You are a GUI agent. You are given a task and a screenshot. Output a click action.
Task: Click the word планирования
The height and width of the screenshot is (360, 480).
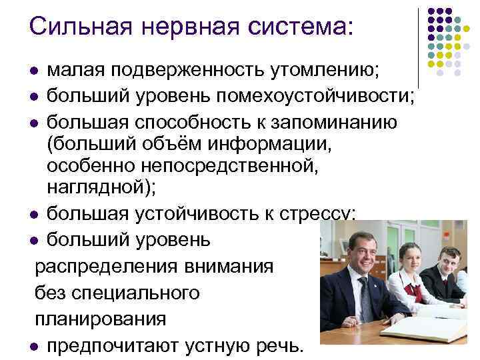click(x=100, y=319)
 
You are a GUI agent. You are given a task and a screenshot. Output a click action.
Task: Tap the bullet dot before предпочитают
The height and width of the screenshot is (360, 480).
click(x=35, y=347)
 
